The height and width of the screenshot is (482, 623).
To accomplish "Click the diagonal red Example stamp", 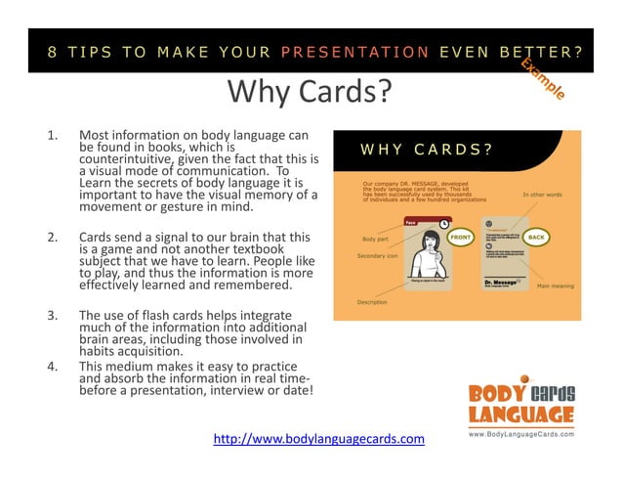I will [542, 77].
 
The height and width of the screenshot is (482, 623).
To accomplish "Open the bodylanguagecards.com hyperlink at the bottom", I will [319, 438].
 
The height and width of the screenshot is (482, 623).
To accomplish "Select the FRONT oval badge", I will [460, 237].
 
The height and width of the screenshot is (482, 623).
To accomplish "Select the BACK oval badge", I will [536, 237].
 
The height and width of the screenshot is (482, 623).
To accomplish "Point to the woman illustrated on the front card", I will [424, 262].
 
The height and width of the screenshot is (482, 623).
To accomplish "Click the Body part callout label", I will [375, 239].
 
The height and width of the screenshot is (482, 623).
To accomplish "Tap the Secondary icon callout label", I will [377, 256].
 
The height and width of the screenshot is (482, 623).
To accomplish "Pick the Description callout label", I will [372, 302].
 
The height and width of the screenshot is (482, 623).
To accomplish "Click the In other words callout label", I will [542, 194].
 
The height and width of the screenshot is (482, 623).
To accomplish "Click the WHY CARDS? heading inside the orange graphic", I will [426, 150].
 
